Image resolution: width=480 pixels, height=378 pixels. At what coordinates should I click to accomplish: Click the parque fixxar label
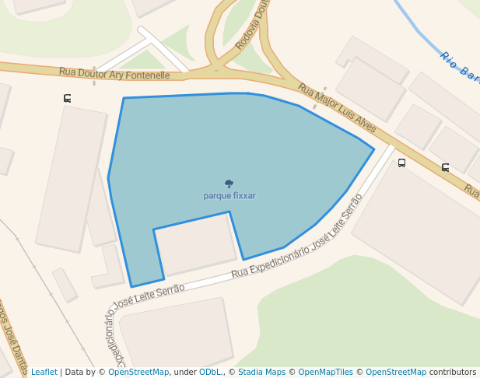[x=229, y=196]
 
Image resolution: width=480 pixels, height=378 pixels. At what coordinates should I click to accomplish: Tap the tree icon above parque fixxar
[x=229, y=184]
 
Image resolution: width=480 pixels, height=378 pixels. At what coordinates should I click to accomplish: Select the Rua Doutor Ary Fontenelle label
[x=114, y=74]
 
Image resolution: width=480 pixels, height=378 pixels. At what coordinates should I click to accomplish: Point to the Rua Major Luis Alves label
[x=337, y=108]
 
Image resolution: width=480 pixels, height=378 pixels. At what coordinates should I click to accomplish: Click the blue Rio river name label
[x=459, y=67]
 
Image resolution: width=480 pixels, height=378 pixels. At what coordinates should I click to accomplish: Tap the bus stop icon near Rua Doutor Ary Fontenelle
[x=68, y=98]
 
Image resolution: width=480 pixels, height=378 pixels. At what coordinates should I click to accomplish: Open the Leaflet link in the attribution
[x=44, y=372]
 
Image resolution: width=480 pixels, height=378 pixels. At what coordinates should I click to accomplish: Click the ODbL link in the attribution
[x=210, y=372]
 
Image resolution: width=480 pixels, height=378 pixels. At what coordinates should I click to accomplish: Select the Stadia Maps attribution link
[x=261, y=372]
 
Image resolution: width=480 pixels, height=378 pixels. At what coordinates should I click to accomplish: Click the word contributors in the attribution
[x=453, y=372]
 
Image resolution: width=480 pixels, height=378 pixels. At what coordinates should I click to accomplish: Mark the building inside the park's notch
[x=195, y=243]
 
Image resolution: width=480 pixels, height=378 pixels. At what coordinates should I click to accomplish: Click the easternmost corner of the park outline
[x=374, y=149]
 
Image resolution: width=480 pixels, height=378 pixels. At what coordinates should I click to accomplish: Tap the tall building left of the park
[x=71, y=178]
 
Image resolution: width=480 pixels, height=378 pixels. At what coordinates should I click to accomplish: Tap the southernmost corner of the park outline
[x=131, y=287]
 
